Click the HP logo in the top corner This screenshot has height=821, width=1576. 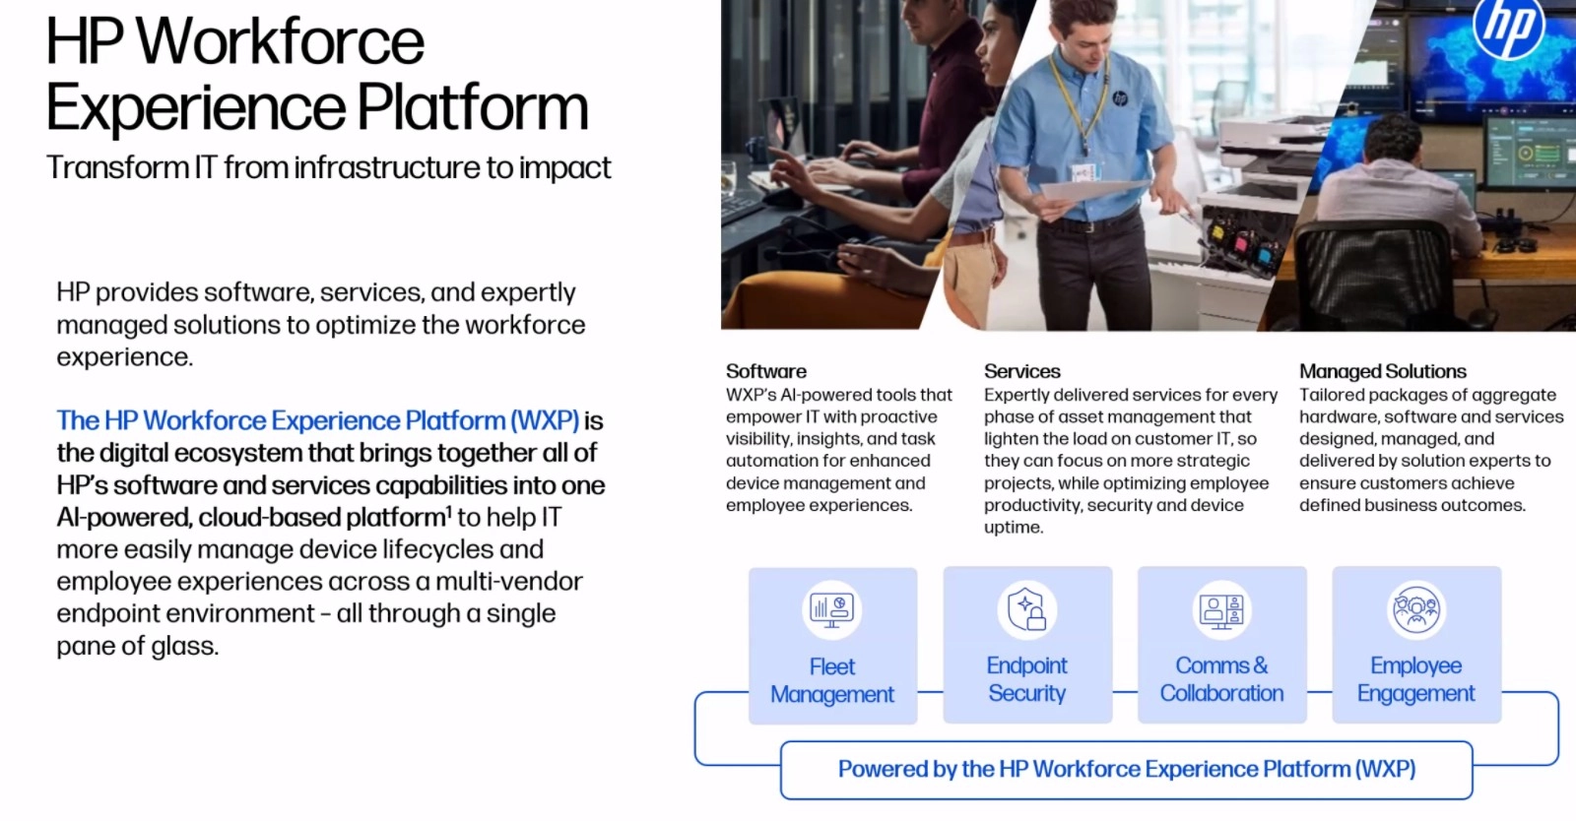click(1508, 26)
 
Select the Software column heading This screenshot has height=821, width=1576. click(766, 371)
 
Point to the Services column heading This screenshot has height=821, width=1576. click(1021, 371)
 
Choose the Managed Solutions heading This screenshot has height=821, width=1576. click(1383, 371)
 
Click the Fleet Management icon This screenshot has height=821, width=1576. click(831, 609)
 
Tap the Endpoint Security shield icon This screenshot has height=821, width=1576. click(1026, 608)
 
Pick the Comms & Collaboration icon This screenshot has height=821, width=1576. click(1221, 609)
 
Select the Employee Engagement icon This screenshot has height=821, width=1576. click(1416, 609)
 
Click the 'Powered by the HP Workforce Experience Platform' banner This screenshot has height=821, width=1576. click(1127, 770)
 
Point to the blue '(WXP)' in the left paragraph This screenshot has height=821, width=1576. click(545, 421)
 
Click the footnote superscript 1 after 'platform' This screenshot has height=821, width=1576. click(449, 510)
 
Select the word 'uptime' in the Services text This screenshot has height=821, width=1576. click(1014, 528)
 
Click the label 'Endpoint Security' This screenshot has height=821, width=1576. click(1026, 679)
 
